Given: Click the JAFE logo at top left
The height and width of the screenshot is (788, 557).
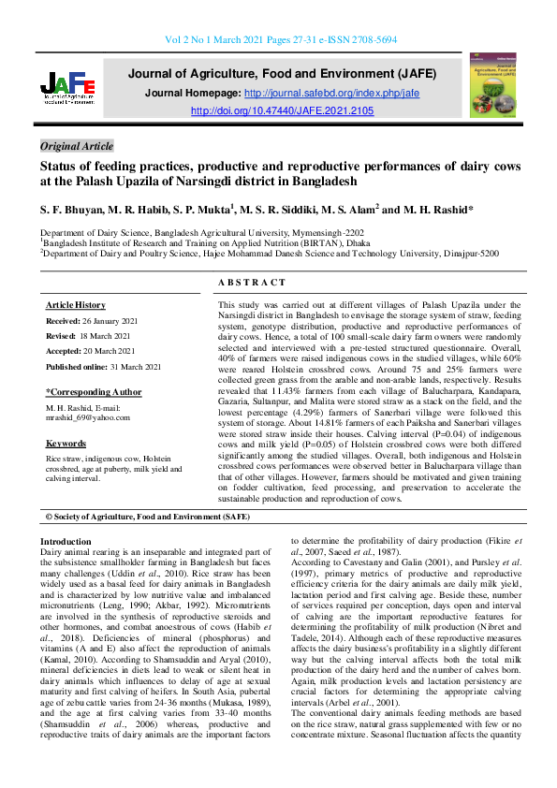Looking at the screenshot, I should pyautogui.click(x=68, y=90).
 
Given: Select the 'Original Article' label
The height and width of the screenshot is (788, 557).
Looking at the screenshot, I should pyautogui.click(x=78, y=146).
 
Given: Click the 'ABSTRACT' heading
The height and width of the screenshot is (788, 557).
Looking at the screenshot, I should pyautogui.click(x=252, y=283).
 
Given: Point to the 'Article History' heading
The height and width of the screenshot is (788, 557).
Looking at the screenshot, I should pyautogui.click(x=76, y=306).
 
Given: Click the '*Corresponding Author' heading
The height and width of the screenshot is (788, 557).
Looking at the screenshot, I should pyautogui.click(x=94, y=393).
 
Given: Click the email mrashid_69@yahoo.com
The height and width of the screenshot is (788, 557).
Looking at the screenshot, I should pyautogui.click(x=89, y=418).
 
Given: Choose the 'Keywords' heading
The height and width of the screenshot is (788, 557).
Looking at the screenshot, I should pyautogui.click(x=66, y=444).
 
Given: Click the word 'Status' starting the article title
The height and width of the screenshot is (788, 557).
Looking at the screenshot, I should pyautogui.click(x=59, y=167).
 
